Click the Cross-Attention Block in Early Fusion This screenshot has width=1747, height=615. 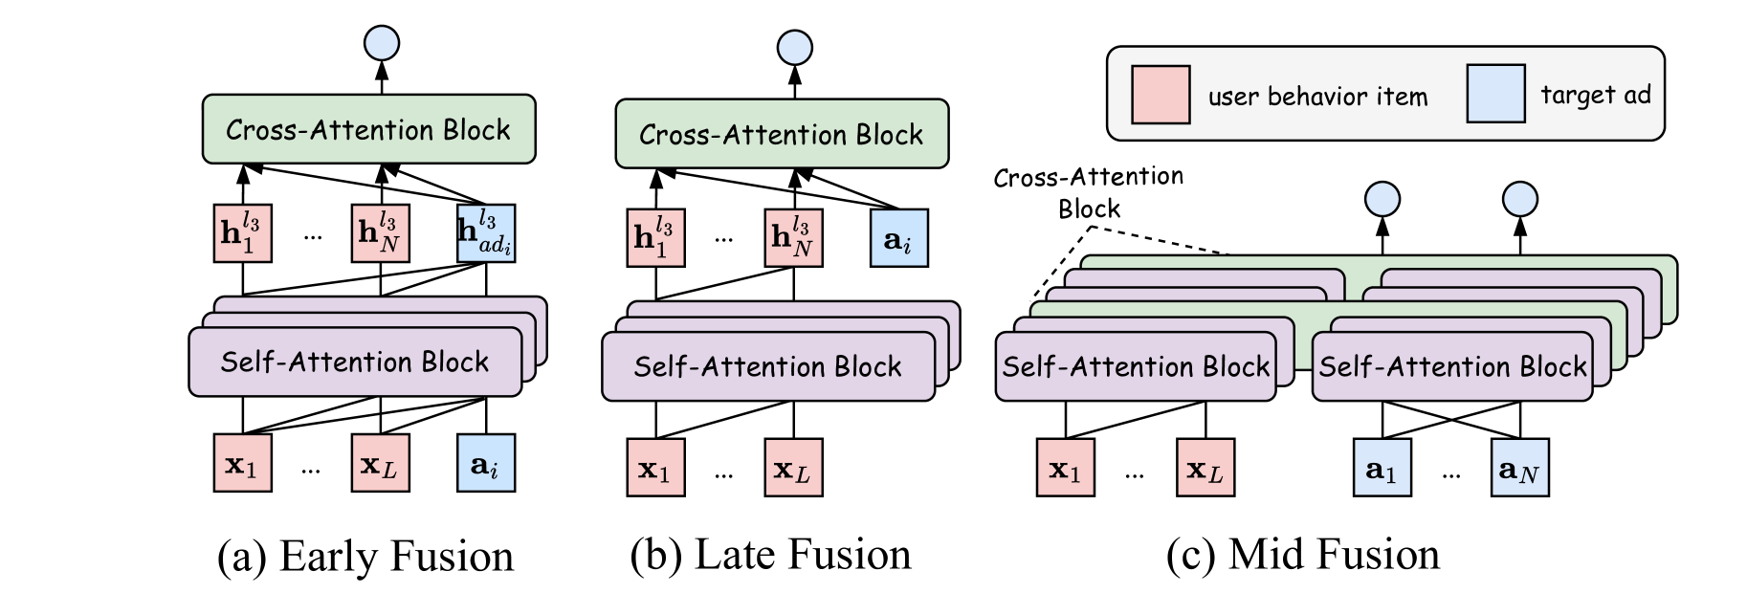click(368, 129)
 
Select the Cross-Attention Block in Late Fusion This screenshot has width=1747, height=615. click(782, 134)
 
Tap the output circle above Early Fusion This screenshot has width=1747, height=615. click(382, 43)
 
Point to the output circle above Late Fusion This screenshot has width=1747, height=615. click(795, 48)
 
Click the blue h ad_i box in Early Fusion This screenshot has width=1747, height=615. click(486, 232)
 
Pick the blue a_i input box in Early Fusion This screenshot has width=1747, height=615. click(486, 463)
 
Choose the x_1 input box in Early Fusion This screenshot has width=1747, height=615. click(242, 463)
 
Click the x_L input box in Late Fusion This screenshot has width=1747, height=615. click(793, 468)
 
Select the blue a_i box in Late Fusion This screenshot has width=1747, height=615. click(899, 237)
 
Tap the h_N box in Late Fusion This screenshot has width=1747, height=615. click(793, 237)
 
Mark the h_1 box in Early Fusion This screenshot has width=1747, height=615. click(242, 232)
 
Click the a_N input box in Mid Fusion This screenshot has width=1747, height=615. click(1519, 468)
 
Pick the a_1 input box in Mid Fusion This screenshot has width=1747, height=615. click(1382, 468)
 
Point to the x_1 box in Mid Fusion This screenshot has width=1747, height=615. click(1066, 468)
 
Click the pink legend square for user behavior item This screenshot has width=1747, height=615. click(1161, 95)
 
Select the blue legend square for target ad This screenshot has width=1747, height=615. click(1496, 94)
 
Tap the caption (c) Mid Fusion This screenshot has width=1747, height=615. click(1302, 555)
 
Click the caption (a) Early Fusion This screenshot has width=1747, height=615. click(365, 557)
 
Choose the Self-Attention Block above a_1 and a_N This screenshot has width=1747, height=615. click(1452, 366)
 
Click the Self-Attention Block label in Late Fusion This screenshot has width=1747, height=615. click(767, 366)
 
